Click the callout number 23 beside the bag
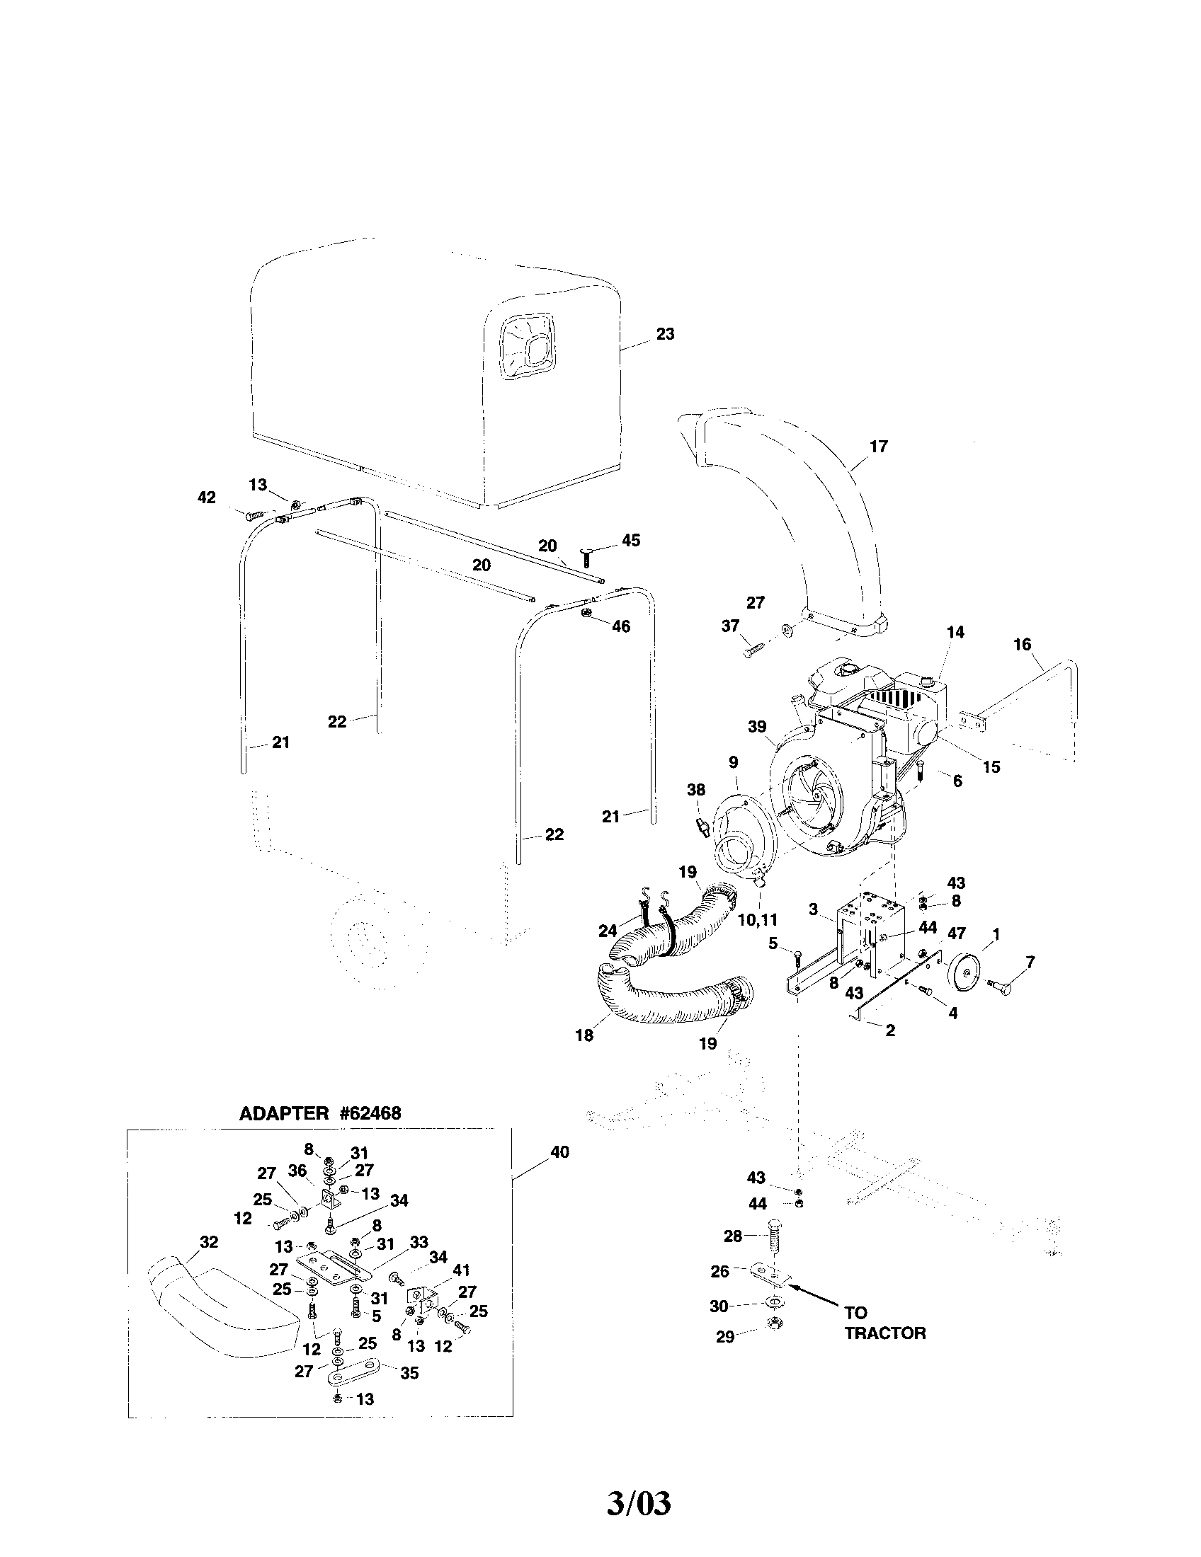pos(665,334)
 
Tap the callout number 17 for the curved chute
pos(879,447)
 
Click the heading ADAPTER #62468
pos(320,1113)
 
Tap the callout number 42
pos(206,498)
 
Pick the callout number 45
pos(630,541)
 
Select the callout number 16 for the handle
pos(1022,645)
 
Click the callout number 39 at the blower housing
pos(757,726)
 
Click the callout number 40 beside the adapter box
pos(560,1152)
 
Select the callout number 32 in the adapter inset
pos(208,1242)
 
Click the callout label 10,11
pos(758,919)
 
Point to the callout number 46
pos(620,626)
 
